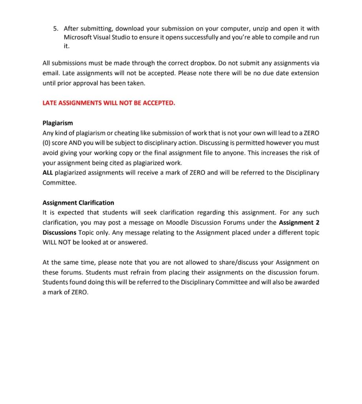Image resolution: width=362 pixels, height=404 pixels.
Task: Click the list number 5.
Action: [x=56, y=28]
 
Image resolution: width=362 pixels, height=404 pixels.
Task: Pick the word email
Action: [x=51, y=73]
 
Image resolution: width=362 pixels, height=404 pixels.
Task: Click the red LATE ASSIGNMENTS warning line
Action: [x=109, y=103]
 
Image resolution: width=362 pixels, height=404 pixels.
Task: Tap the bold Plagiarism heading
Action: [x=58, y=123]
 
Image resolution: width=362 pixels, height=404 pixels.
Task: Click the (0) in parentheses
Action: [x=47, y=143]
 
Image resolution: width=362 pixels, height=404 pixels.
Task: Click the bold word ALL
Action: [x=47, y=173]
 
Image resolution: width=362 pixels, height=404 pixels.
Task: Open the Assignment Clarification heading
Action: [x=78, y=203]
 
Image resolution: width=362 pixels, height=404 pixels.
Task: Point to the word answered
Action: [x=132, y=242]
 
